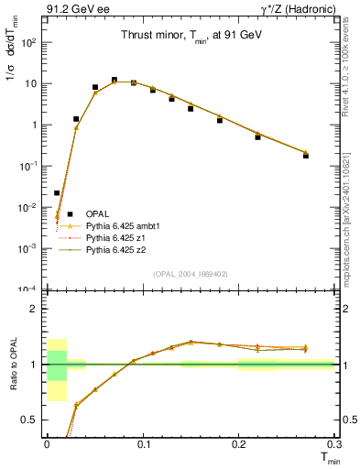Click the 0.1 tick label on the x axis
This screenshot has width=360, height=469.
(143, 443)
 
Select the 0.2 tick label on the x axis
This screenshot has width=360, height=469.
(239, 443)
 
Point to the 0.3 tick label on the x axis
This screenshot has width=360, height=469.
(334, 443)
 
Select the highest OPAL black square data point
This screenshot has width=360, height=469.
(114, 80)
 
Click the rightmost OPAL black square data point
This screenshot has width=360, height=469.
(306, 156)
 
